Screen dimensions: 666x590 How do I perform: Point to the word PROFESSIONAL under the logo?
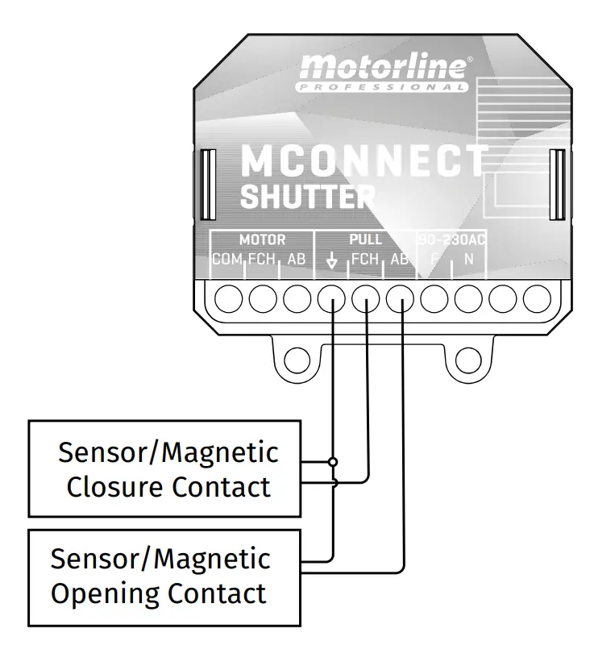382,86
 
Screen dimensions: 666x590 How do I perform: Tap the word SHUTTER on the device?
308,196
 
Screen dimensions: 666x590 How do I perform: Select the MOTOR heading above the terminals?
262,240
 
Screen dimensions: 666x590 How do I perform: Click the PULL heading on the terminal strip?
365,240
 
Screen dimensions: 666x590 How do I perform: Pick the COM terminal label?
226,260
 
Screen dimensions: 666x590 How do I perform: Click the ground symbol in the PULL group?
330,260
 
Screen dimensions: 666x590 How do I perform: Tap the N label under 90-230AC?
468,260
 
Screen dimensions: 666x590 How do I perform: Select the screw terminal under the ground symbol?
331,299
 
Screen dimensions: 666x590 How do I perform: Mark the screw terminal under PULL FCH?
366,299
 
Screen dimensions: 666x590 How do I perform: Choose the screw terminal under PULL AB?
400,299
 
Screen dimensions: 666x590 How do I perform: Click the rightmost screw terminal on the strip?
537,299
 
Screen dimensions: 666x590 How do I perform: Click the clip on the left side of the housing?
205,185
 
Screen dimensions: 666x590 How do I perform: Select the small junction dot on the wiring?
332,462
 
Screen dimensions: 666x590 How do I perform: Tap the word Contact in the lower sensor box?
217,594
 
